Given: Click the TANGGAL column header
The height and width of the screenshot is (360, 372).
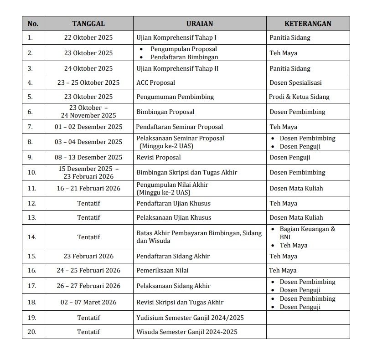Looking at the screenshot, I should coord(88,24).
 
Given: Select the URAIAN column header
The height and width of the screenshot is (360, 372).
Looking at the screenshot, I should coord(200,24).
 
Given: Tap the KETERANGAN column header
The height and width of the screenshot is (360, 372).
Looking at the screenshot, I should coord(308,24).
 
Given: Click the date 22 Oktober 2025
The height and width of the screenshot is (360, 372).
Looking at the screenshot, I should coord(88,37).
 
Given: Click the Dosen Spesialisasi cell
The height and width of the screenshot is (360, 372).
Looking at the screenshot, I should coord(295,82).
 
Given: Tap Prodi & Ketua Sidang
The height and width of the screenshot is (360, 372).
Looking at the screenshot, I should coord(299,97).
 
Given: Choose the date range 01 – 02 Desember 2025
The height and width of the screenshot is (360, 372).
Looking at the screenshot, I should coord(88,127).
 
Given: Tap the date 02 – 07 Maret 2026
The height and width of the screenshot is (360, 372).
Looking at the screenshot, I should coord(88,302).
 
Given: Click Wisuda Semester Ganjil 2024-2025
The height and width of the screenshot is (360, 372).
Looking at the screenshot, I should coord(187,332).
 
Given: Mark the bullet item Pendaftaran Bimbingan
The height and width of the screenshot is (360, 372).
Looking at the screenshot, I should coord(185,57).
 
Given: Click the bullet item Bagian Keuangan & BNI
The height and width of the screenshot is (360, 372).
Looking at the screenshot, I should coord(307,233).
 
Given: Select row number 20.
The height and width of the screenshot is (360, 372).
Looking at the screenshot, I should coord(32,332).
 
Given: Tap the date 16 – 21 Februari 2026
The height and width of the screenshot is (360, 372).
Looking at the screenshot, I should coord(88,188).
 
